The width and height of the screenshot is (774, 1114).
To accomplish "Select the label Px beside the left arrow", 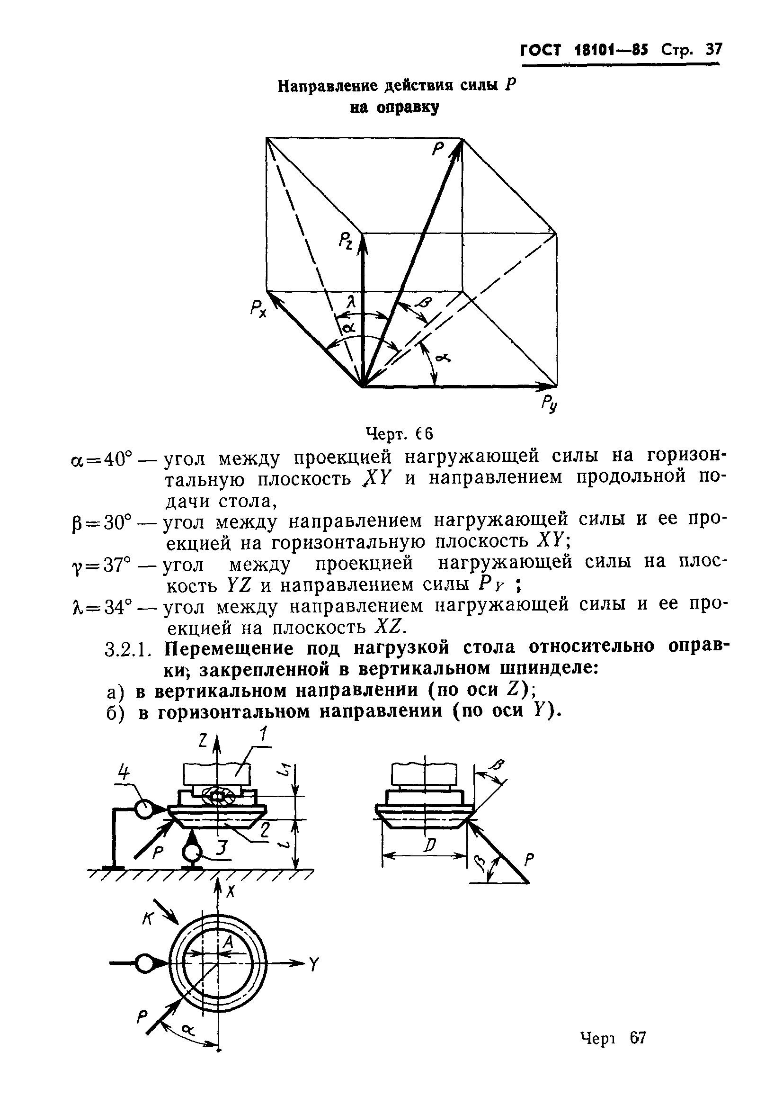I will tap(258, 308).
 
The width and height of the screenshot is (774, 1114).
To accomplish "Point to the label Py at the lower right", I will tap(549, 403).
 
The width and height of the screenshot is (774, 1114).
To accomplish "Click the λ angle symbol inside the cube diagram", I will tap(353, 303).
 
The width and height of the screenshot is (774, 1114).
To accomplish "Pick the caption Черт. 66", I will tap(398, 433).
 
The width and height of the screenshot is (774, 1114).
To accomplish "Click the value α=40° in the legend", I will tap(101, 459).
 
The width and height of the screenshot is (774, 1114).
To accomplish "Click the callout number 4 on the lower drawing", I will tap(125, 773).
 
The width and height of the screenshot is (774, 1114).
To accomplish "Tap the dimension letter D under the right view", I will tap(429, 846).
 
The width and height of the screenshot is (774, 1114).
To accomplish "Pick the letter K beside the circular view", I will tap(148, 917).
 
